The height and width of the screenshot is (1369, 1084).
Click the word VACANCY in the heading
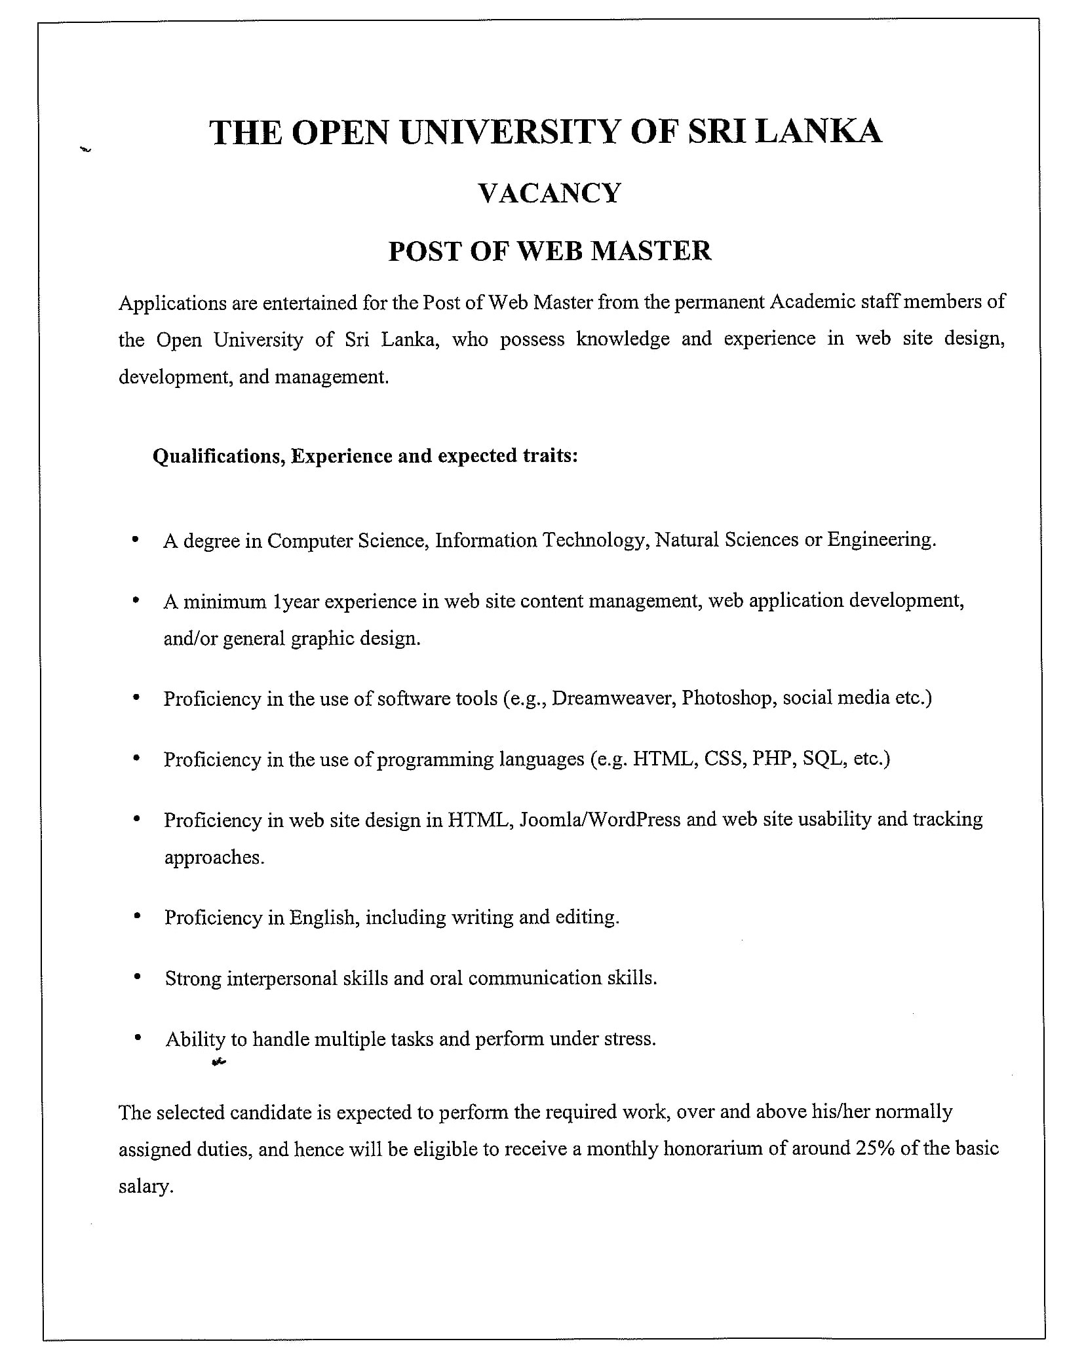coord(549,193)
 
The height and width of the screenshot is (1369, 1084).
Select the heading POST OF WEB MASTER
coord(549,251)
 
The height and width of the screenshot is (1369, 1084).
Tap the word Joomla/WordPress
coord(600,820)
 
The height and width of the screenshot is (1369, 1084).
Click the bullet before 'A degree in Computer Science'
coord(136,540)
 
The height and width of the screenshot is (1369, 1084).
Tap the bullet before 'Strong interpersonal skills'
coord(137,977)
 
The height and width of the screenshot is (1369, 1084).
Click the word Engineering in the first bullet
coord(881,539)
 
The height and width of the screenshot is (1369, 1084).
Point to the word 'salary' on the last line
coord(145,1187)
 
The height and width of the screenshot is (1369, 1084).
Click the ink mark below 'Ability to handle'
coord(219,1063)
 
